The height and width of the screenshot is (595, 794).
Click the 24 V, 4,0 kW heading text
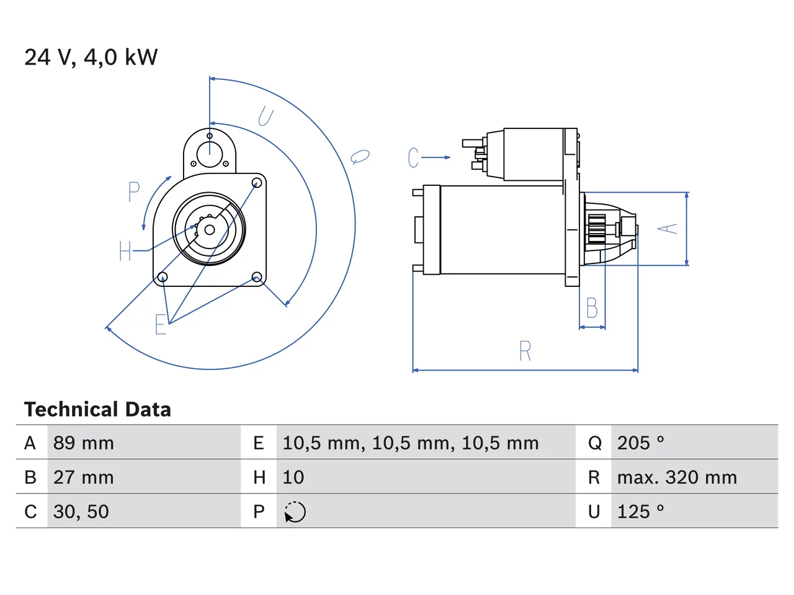click(91, 57)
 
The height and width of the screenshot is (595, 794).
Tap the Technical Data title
click(97, 409)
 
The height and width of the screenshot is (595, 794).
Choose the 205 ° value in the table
click(641, 443)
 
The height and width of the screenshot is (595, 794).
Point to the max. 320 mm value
click(677, 477)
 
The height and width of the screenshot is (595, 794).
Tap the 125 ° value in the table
click(641, 511)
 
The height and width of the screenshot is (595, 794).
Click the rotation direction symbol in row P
click(295, 512)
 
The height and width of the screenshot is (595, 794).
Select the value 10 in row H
click(293, 477)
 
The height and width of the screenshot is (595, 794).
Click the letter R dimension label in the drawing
click(525, 350)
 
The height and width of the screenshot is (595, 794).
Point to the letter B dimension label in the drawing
click(592, 308)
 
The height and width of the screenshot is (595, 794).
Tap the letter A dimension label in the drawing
click(667, 228)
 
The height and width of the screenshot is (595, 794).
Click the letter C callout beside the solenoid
click(413, 157)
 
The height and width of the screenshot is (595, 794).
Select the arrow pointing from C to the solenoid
click(436, 157)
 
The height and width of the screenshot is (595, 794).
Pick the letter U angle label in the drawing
click(266, 117)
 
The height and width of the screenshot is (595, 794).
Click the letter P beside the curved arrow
click(134, 192)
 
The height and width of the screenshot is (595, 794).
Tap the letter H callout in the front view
click(125, 251)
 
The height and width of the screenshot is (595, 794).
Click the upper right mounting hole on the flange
click(257, 182)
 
